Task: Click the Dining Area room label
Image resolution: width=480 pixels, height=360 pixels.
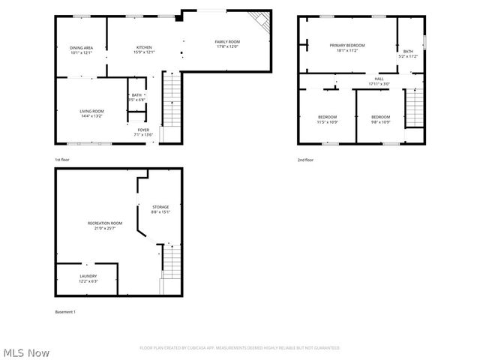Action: click(81, 50)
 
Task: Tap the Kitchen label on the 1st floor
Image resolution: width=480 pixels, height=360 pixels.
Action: click(144, 49)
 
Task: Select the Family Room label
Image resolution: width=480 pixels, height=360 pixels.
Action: click(227, 44)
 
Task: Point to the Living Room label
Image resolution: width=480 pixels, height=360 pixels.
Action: click(91, 113)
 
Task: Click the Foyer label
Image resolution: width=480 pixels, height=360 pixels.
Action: click(143, 132)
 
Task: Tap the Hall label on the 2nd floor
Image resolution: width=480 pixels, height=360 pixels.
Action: click(379, 80)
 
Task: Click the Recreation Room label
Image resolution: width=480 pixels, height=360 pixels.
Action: click(104, 225)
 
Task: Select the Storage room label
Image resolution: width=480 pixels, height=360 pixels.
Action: click(160, 209)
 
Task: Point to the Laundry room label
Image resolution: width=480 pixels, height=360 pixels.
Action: click(88, 278)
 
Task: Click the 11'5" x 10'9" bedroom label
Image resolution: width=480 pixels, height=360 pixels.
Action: click(327, 118)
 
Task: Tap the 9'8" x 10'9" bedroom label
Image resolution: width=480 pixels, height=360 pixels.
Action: click(380, 118)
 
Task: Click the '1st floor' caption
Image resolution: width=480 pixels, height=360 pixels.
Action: click(62, 160)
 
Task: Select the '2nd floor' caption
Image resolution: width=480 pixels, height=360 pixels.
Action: click(305, 160)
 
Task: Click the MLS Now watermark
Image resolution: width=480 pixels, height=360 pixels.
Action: click(26, 352)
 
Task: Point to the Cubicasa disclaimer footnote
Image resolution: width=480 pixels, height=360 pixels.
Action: click(240, 348)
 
